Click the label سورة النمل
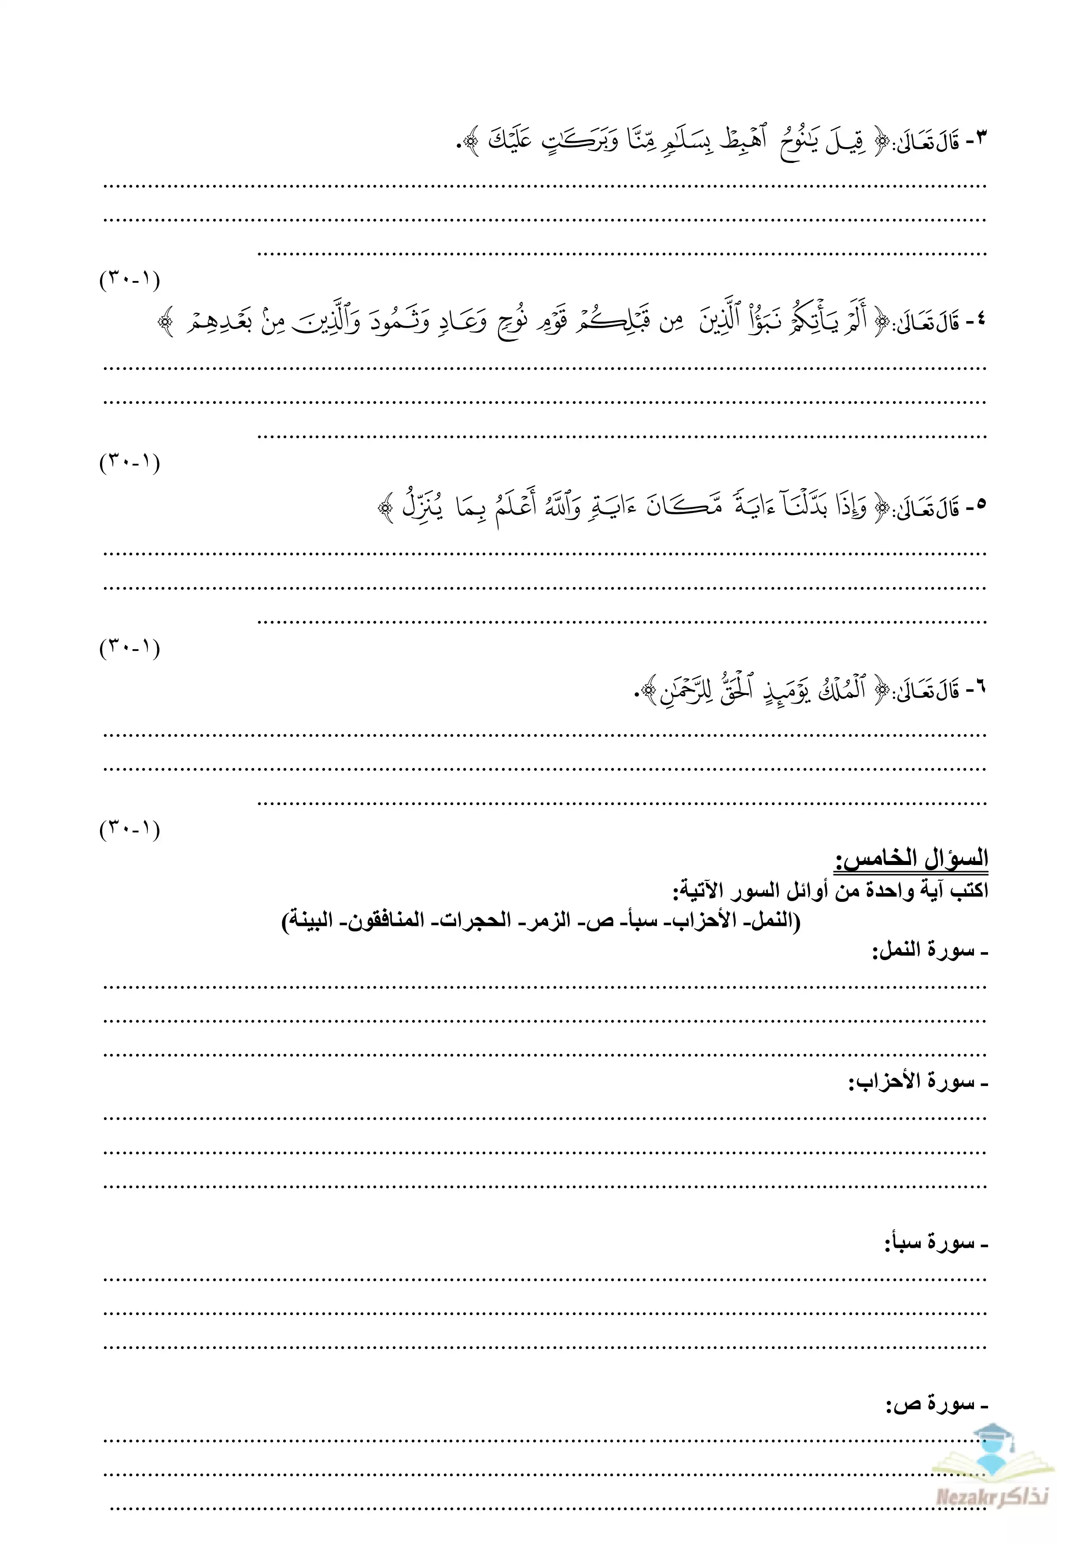[x=929, y=951]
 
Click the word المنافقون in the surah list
[x=390, y=920]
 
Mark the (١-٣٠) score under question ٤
[x=130, y=462]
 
